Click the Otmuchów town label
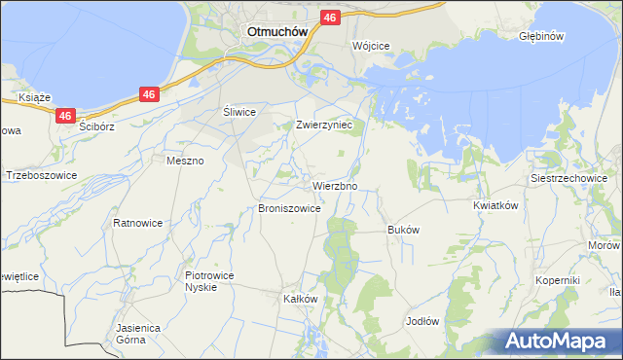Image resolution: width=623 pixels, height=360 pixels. click(277, 30)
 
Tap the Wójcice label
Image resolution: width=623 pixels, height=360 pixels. click(371, 46)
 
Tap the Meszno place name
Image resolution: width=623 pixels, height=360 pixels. click(185, 161)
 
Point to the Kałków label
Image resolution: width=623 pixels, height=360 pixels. click(300, 299)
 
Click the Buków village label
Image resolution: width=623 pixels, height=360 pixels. click(403, 230)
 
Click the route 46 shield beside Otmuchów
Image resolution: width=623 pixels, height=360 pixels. click(329, 18)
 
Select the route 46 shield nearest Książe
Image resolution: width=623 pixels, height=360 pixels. click(65, 116)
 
